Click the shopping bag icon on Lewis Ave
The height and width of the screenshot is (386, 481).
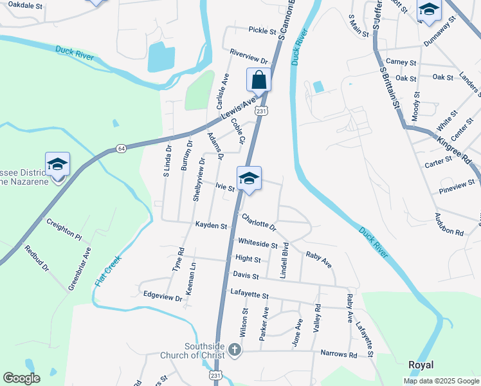click(259, 80)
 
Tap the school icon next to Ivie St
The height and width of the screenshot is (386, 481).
click(249, 179)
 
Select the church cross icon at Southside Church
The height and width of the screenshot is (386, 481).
click(235, 350)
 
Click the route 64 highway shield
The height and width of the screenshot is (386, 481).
click(121, 149)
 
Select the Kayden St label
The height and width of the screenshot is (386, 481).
click(212, 226)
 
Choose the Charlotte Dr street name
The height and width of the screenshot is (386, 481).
click(259, 222)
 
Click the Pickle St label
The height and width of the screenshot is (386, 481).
click(262, 30)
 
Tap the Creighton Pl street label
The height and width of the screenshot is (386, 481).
click(64, 228)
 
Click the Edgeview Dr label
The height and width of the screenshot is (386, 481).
click(163, 297)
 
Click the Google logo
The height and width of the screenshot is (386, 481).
click(21, 378)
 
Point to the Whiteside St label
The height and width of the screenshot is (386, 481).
click(257, 244)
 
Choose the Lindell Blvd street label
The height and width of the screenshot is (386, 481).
click(283, 260)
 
